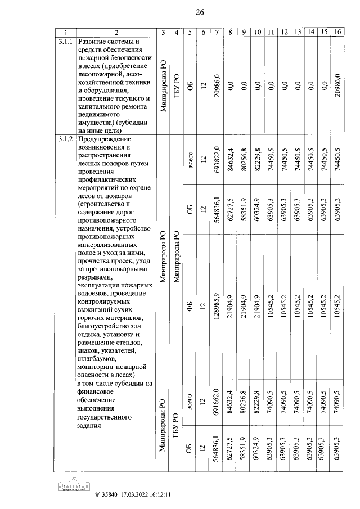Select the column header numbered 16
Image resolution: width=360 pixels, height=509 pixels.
[x=337, y=33]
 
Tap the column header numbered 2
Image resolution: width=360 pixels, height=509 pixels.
[x=115, y=33]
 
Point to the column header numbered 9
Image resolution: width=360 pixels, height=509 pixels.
[x=244, y=33]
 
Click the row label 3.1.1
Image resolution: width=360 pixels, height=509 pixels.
[x=66, y=42]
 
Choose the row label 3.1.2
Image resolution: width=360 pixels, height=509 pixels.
[x=66, y=139]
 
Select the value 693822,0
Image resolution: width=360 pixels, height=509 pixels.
[x=217, y=162]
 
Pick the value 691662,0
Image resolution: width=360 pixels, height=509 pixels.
[x=217, y=411]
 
